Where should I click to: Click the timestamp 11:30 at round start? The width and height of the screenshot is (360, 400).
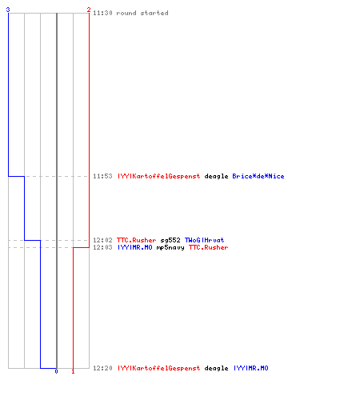click(102, 13)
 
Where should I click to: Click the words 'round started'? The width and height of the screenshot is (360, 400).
click(142, 13)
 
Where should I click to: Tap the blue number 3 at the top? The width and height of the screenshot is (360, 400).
click(8, 10)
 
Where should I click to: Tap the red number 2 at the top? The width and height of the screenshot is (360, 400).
click(89, 10)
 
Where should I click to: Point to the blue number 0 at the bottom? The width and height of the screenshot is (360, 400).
click(56, 371)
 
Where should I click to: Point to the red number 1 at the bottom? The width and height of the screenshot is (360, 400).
click(73, 371)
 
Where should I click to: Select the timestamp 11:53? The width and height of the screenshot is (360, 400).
click(102, 176)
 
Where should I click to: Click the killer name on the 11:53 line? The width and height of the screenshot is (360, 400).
click(158, 176)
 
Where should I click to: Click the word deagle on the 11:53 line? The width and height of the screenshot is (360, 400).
click(216, 176)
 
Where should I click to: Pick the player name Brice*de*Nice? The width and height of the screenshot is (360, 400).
click(258, 176)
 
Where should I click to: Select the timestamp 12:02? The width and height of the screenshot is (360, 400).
click(102, 240)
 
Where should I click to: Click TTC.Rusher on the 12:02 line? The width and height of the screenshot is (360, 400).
click(137, 240)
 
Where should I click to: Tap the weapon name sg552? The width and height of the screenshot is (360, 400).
click(170, 240)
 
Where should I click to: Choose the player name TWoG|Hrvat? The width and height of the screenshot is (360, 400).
click(205, 240)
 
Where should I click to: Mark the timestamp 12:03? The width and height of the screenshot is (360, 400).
click(102, 247)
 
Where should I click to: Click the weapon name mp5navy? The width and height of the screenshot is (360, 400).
click(170, 248)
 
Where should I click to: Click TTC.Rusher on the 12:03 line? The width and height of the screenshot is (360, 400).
click(209, 247)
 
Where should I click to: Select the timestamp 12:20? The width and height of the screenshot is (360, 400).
click(102, 368)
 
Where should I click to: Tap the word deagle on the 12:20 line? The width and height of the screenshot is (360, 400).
click(216, 368)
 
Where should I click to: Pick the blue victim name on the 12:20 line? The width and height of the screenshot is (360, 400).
click(250, 368)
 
